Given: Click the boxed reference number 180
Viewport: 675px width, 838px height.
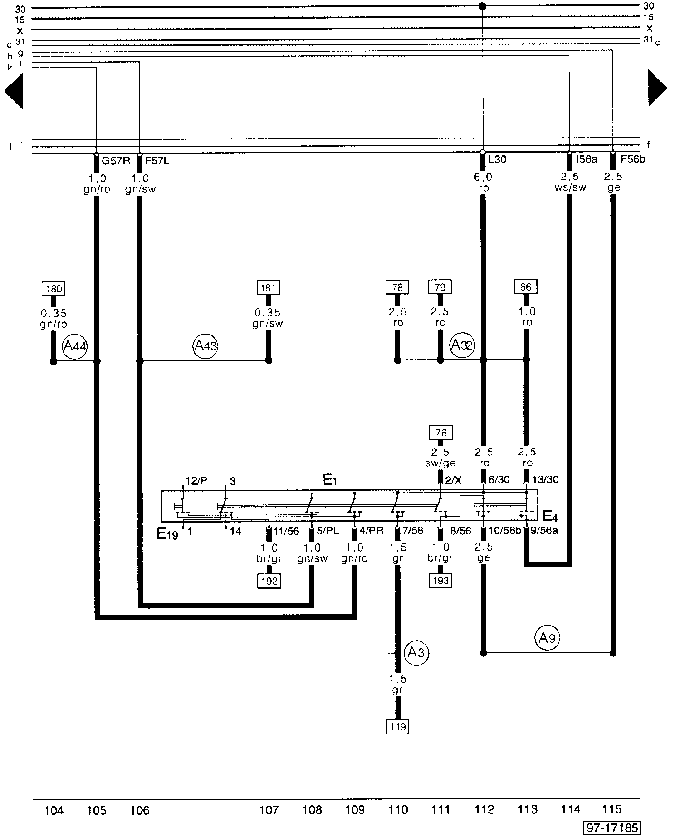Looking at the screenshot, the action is coord(53,289).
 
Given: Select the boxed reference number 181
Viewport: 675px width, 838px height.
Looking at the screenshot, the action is coord(268,287).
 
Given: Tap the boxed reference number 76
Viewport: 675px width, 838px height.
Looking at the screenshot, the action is coord(441,433).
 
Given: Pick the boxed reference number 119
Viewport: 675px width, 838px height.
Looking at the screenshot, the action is coord(397,726).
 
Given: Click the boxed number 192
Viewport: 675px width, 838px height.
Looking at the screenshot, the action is coord(269,581).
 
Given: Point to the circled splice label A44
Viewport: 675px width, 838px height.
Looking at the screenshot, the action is coord(75,347).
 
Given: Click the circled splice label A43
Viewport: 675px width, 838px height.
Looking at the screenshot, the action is coord(205,346).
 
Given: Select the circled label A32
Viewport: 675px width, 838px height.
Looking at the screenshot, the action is coord(462,345).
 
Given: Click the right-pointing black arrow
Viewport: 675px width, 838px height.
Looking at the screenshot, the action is coord(657,88).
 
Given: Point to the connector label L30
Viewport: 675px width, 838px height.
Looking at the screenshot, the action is coord(498,159).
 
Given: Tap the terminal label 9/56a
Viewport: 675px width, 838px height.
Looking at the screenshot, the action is coord(545,531).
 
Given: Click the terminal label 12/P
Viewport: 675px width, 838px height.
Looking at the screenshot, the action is coord(197,481).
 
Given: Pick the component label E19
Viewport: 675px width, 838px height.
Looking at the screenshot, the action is coord(167,534).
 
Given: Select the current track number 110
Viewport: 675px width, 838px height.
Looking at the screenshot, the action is coord(398,809).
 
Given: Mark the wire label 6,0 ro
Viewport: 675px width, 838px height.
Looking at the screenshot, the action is coord(483,182).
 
